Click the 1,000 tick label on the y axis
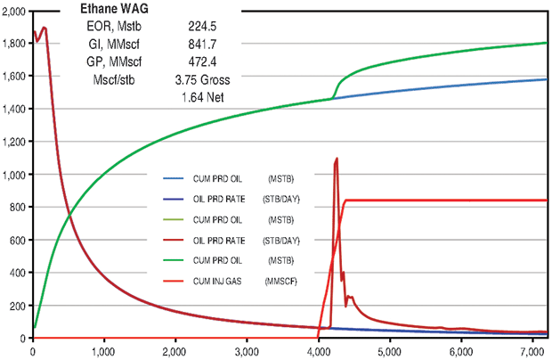pos(14,175)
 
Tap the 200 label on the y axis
pos(19,307)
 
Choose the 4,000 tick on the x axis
pos(319,351)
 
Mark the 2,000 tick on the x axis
pos(175,351)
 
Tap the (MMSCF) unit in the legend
pos(281,282)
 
